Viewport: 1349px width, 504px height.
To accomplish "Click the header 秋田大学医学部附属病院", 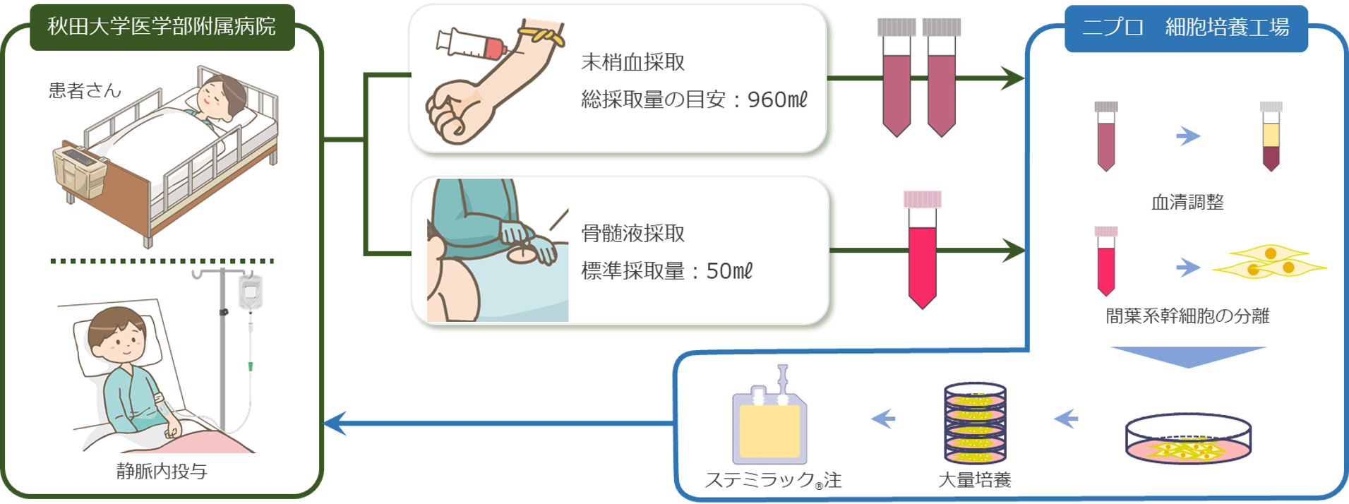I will pos(162,27).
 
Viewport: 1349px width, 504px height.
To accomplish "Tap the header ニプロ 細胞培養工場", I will pos(1185,28).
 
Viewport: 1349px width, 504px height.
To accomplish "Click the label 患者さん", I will pos(85,90).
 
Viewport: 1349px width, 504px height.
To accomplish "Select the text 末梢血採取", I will pos(632,62).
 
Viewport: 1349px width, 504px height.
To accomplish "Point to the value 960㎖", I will pos(777,100).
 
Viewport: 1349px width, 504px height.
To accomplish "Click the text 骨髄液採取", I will pos(632,234).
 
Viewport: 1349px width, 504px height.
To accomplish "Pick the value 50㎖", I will pos(729,271).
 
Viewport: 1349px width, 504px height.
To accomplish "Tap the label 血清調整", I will pos(1187,203).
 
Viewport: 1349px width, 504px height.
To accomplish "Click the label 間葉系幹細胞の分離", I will pos(1187,316).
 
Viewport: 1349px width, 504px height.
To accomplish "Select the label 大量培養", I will pos(974,481).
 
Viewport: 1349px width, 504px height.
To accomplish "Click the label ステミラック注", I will pos(773,481).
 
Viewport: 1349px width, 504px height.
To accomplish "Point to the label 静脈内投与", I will pos(162,472).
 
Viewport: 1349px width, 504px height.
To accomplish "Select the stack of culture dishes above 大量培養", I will pos(975,424).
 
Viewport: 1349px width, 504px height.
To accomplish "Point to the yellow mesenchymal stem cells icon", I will pos(1269,262).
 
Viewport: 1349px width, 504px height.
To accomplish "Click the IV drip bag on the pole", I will pos(250,292).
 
